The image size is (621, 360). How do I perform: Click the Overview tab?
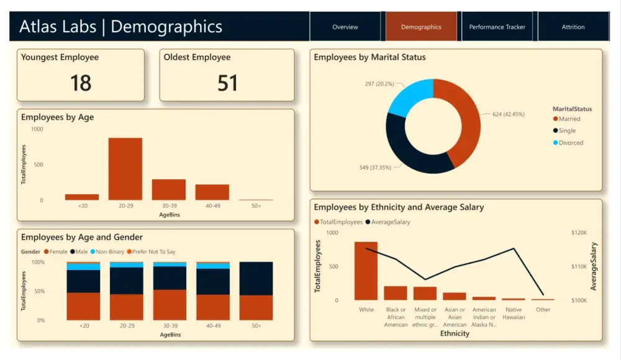(345, 27)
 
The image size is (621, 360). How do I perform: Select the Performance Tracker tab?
(497, 27)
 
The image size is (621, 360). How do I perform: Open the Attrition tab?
(573, 27)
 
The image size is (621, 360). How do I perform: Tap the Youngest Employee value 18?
(81, 83)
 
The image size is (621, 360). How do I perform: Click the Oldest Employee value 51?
(227, 83)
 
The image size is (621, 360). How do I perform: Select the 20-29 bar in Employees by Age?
(125, 169)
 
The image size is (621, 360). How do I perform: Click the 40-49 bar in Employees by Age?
(212, 192)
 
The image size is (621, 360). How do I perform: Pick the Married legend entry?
(569, 119)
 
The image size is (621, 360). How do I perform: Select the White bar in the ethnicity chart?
(366, 271)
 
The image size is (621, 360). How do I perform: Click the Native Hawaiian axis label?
(514, 313)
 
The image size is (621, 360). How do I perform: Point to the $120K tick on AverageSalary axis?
(579, 232)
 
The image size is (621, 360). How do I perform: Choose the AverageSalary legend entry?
(391, 222)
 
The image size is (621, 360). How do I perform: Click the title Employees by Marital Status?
(369, 57)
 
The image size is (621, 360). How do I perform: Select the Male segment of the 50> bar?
(256, 278)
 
